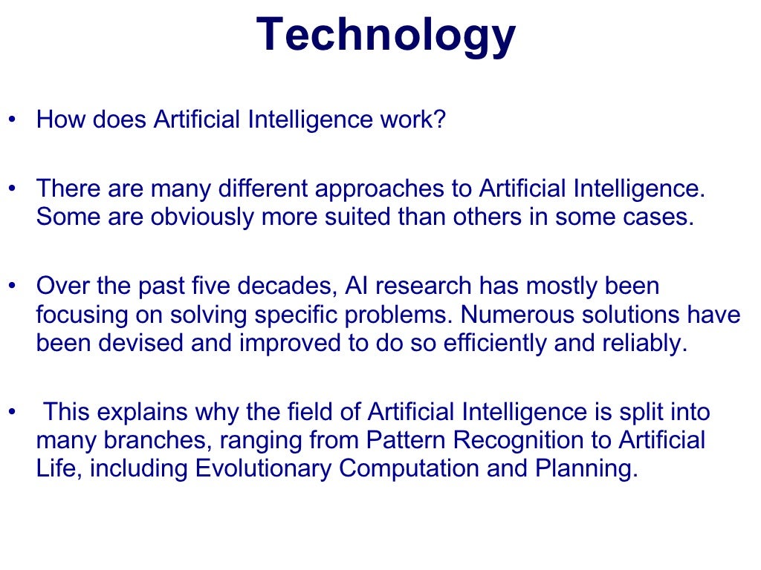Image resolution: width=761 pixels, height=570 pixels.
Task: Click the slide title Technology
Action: coord(386,36)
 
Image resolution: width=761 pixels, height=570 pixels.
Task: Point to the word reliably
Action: coord(641,344)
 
